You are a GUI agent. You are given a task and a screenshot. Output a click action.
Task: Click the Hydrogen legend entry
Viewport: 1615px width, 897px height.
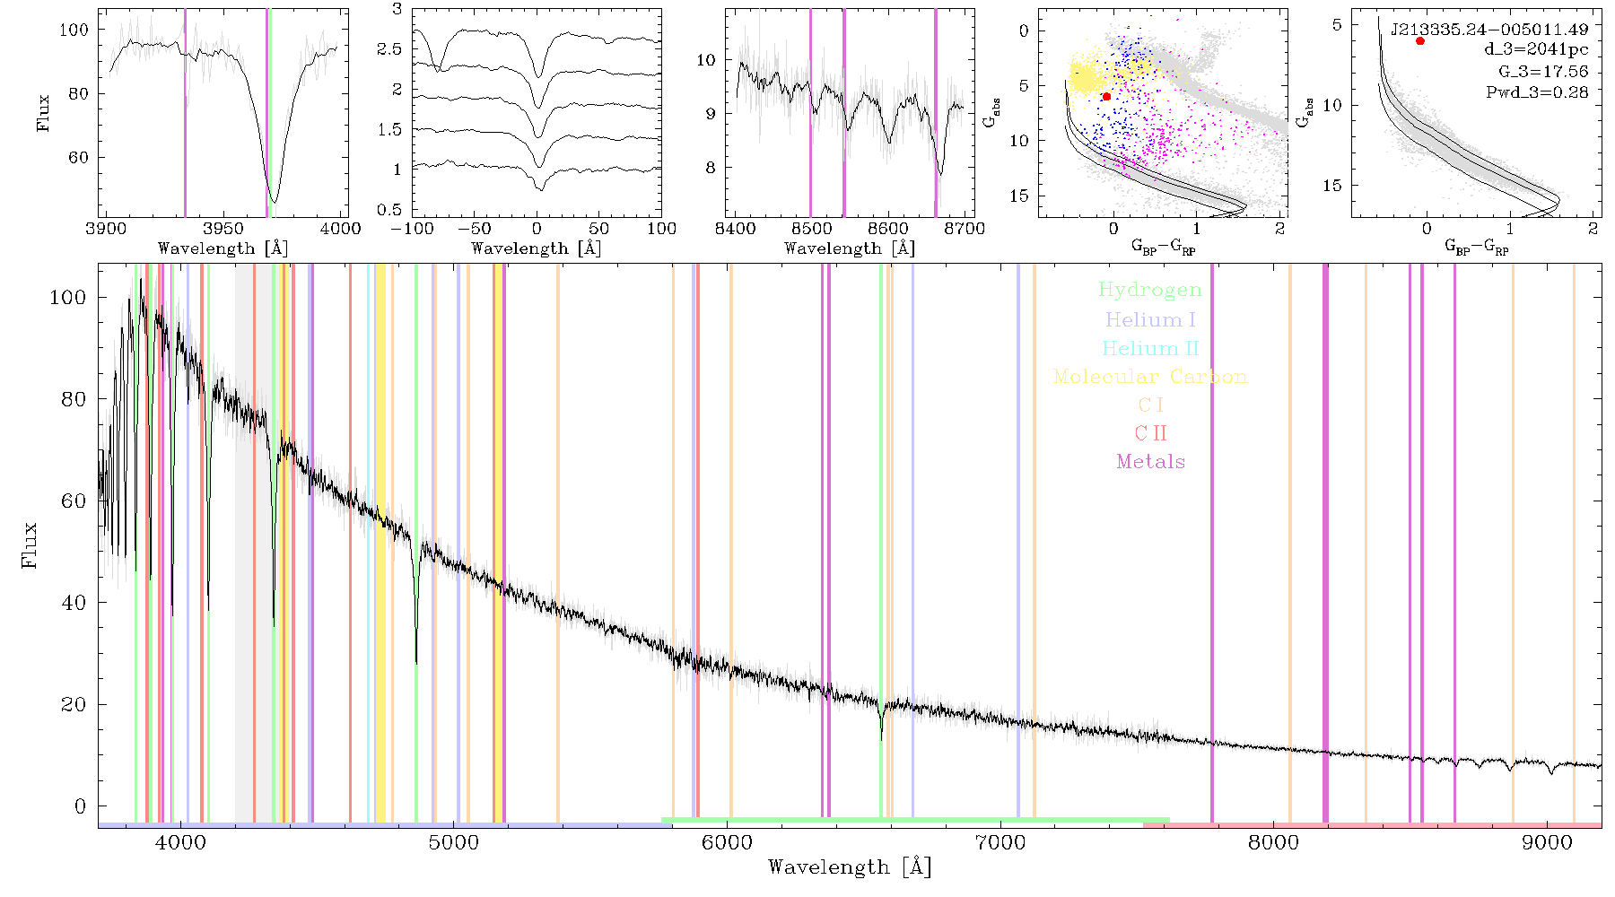[x=1149, y=291]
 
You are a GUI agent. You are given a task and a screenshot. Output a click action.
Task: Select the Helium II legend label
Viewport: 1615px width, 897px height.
[x=1149, y=348]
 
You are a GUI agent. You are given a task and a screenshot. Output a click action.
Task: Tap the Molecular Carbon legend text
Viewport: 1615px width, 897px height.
[x=1150, y=377]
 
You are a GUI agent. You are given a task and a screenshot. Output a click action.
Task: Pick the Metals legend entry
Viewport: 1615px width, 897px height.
[x=1150, y=462]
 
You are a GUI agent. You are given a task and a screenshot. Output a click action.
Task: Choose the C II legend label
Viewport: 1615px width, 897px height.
[x=1150, y=433]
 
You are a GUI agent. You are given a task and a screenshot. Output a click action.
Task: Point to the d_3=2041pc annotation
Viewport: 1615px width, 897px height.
[x=1536, y=50]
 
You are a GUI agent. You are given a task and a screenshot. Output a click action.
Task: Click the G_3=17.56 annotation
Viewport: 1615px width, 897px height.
[x=1543, y=71]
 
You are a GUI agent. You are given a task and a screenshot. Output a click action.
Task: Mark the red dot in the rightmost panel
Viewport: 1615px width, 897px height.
[x=1419, y=41]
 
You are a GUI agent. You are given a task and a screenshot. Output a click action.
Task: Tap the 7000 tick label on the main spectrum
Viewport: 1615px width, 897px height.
[x=1000, y=843]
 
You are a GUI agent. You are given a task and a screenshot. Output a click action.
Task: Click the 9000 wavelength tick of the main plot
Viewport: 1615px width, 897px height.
[x=1547, y=843]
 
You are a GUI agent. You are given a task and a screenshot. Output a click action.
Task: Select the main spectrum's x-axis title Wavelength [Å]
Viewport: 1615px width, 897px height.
[x=850, y=867]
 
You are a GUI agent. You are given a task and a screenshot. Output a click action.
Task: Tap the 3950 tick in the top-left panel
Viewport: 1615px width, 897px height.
[x=223, y=229]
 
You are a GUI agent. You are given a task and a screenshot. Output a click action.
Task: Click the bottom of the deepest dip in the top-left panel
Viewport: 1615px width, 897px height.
[x=274, y=203]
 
